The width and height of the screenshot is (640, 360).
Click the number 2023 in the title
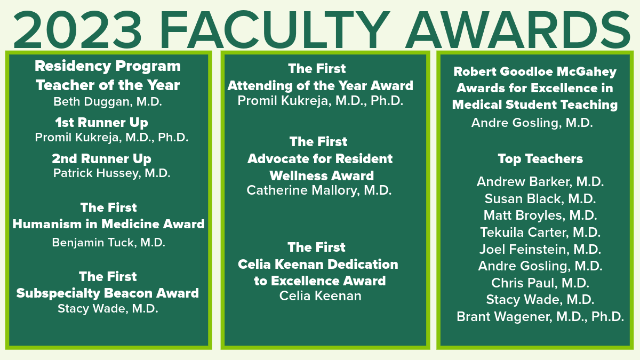pos(77,30)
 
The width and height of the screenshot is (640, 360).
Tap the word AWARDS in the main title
pos(518,30)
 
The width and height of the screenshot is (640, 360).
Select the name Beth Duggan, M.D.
pos(108,102)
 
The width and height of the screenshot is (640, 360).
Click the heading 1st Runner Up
pos(102,123)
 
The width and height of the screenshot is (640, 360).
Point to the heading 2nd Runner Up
pos(102,159)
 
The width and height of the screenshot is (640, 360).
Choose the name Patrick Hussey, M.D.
pos(111,173)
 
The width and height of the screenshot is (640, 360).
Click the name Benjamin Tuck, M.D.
pos(109,243)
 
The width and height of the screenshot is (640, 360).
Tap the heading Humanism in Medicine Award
pos(109,224)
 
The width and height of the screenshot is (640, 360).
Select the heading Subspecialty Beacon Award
pos(108,293)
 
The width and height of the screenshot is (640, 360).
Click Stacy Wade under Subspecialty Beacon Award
pos(108,309)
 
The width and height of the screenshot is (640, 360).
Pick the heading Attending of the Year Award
pos(321,85)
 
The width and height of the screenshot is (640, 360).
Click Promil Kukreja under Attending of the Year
pos(321,101)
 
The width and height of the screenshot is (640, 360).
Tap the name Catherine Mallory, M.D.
pos(319,190)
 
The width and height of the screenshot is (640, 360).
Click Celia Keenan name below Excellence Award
pos(321,296)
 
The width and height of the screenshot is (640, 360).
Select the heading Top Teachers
pos(540,159)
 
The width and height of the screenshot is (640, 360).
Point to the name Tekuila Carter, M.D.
pos(540,233)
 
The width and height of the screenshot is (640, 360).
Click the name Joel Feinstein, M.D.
pos(540,249)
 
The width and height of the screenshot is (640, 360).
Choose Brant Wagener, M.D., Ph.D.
pos(540,317)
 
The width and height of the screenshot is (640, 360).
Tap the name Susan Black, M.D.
pos(540,199)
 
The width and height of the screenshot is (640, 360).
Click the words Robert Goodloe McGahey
pos(535,71)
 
